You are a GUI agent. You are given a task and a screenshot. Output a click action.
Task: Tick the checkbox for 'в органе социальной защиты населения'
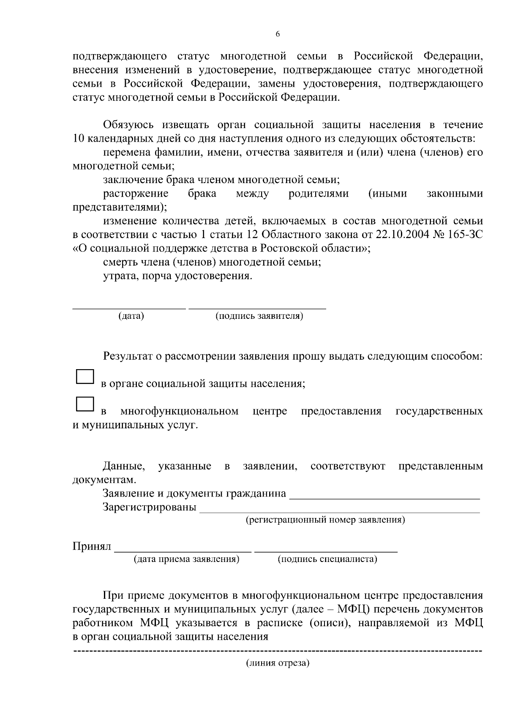[84, 376]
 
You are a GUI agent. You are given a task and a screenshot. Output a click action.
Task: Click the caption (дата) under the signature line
[131, 316]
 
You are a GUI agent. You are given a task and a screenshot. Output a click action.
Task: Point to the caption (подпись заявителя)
[259, 316]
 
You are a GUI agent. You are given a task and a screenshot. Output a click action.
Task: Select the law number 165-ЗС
[466, 235]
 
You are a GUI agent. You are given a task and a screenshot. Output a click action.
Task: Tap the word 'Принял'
[92, 546]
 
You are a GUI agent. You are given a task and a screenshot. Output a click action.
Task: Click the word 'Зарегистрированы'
[150, 507]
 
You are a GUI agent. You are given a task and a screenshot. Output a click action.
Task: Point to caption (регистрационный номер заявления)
[325, 520]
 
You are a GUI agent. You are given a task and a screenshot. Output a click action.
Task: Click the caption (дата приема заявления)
[186, 559]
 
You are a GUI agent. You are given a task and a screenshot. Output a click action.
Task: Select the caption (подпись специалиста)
[327, 559]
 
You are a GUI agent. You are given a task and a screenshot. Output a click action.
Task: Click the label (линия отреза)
[278, 663]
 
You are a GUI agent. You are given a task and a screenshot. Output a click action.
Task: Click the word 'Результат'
[126, 356]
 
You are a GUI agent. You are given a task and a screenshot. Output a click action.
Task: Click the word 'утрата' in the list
[117, 276]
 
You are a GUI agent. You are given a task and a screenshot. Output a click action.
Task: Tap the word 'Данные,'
[124, 466]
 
